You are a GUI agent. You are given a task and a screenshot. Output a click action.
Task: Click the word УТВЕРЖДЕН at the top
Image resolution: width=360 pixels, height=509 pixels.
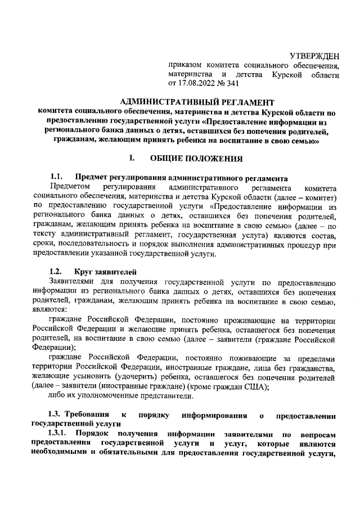(314, 56)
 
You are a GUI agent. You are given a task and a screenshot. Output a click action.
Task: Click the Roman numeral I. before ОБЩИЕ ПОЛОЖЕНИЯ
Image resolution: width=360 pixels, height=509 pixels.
(131, 159)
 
